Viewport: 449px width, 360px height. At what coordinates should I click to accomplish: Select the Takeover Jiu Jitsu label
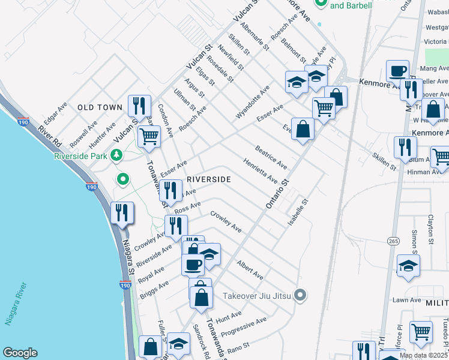click(256, 296)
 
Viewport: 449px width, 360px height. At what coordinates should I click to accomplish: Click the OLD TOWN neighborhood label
click(100, 107)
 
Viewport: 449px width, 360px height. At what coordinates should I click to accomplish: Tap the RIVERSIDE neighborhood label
click(209, 179)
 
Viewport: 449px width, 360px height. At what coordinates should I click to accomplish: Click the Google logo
click(20, 353)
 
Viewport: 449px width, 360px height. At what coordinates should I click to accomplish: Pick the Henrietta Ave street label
click(261, 171)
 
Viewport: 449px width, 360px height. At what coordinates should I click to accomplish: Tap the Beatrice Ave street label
click(271, 157)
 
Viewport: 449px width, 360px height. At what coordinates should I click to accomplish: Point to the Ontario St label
click(277, 194)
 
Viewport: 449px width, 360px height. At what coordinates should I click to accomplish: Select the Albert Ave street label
click(250, 269)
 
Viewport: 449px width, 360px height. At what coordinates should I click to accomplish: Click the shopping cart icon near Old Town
click(148, 136)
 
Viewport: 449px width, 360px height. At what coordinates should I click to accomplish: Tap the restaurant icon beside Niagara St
click(122, 214)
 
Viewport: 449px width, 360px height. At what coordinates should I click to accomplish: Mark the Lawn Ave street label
click(407, 300)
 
